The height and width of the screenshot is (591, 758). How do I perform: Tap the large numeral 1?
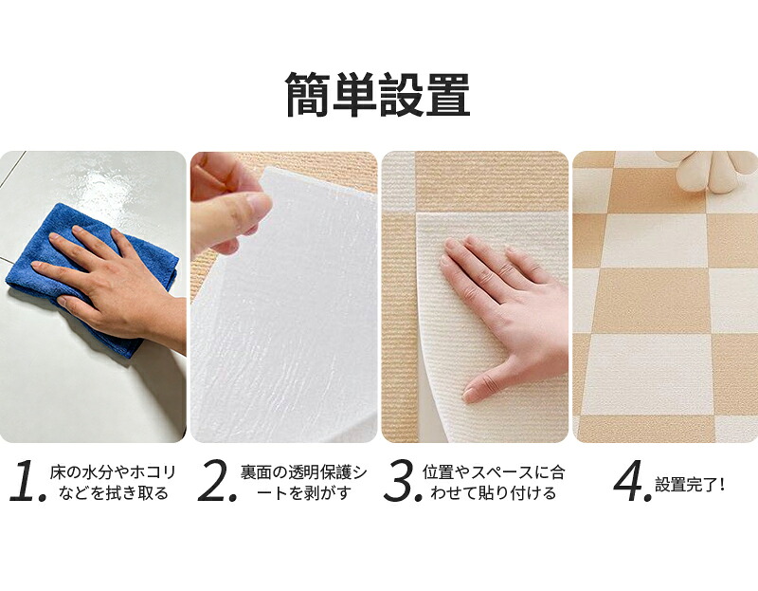(25, 481)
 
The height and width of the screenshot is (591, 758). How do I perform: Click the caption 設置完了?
(690, 484)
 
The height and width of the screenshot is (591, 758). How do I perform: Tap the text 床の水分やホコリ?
(112, 471)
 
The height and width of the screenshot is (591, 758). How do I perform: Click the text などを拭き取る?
(113, 493)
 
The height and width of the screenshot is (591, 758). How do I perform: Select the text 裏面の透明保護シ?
(303, 471)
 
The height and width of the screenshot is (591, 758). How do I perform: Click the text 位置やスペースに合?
(493, 471)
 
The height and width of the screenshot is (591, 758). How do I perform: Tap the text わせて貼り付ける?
(493, 493)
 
